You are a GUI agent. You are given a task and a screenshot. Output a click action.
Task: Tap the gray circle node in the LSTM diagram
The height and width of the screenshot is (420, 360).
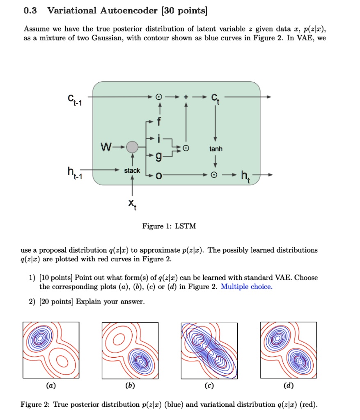pyautogui.click(x=132, y=146)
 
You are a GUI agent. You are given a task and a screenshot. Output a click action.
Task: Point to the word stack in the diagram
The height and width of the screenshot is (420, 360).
pyautogui.click(x=132, y=170)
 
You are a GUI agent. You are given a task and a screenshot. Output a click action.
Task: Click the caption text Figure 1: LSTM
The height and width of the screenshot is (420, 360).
pyautogui.click(x=164, y=226)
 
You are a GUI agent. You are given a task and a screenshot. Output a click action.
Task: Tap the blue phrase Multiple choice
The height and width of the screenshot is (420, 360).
pyautogui.click(x=246, y=287)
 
